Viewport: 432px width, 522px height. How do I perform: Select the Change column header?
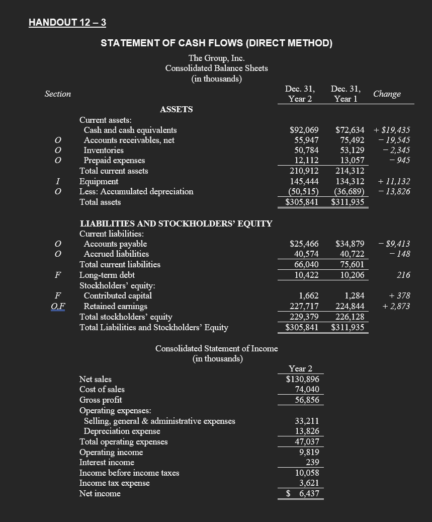click(x=387, y=94)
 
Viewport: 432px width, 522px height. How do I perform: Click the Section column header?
click(x=58, y=94)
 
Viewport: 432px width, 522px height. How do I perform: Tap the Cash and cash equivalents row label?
click(x=130, y=130)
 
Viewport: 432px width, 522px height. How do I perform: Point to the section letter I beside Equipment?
click(x=58, y=181)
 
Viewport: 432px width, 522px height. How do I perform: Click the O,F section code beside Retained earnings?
click(x=63, y=306)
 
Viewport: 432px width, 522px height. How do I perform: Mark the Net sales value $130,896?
click(x=303, y=379)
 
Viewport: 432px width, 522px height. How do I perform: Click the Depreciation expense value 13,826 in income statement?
click(x=307, y=431)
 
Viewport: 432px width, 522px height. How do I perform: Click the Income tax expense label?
click(x=114, y=483)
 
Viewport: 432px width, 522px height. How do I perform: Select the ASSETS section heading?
click(x=176, y=109)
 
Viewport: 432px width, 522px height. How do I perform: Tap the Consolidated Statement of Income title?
click(x=216, y=348)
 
